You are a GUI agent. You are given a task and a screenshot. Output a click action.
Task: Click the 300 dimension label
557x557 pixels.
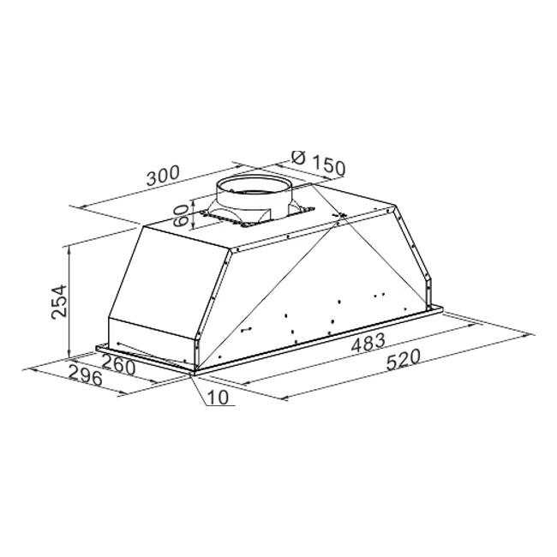[163, 176]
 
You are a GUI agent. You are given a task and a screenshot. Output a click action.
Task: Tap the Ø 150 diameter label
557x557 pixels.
[318, 163]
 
